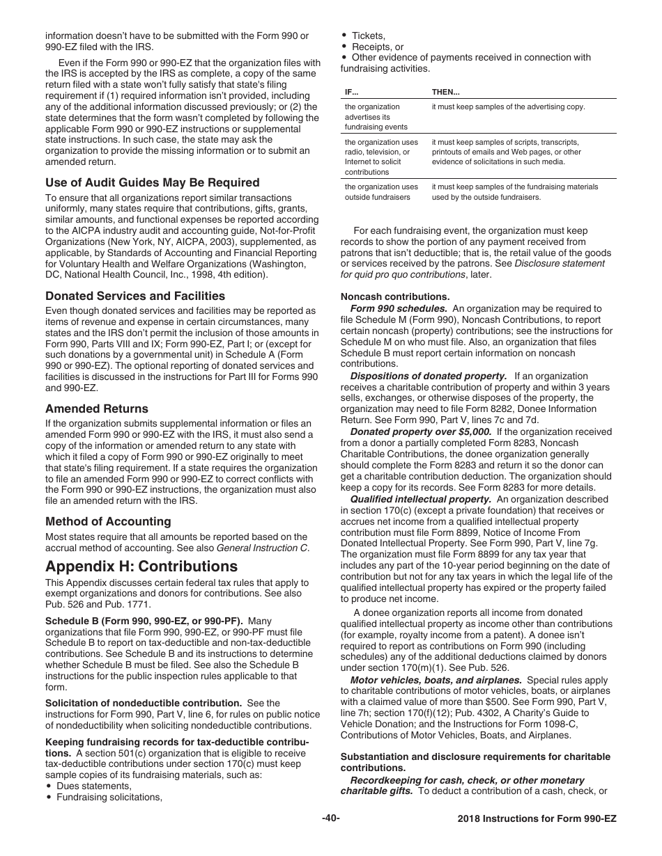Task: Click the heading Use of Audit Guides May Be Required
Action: (x=152, y=183)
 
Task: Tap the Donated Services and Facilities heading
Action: (x=135, y=296)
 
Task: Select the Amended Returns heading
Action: (x=97, y=409)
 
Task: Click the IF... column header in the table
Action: (x=352, y=92)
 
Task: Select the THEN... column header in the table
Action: (x=446, y=92)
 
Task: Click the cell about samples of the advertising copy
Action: (x=508, y=107)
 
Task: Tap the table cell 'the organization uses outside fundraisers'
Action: (x=381, y=192)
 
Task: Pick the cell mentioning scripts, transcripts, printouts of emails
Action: (x=506, y=152)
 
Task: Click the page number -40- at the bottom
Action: (x=331, y=818)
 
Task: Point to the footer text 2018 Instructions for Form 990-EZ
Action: (x=532, y=819)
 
